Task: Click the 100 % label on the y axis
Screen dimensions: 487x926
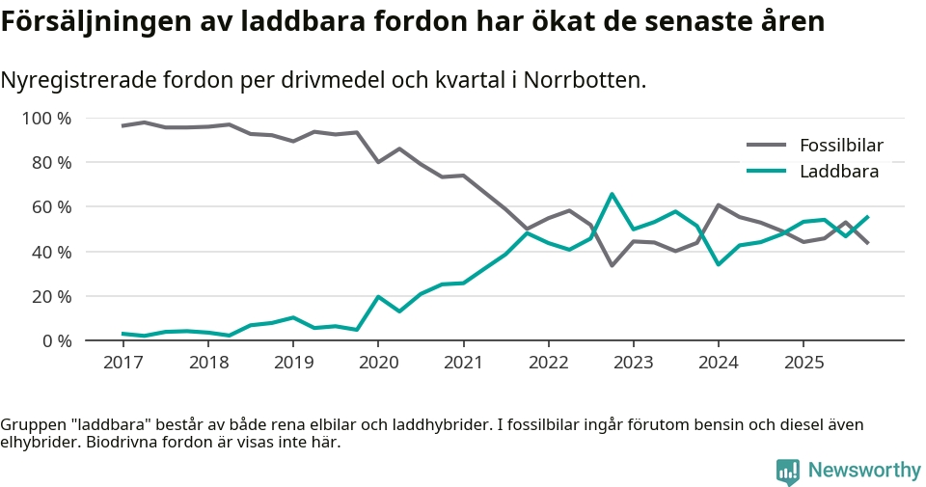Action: tap(46, 119)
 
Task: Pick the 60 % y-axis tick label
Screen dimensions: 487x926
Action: tap(51, 207)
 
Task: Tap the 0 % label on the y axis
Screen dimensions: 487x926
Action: tap(56, 340)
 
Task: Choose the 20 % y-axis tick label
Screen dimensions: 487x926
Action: tap(51, 296)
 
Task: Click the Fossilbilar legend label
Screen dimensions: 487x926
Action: tap(841, 146)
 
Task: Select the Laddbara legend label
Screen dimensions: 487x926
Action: tap(838, 172)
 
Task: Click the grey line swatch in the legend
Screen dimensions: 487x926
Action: tap(767, 146)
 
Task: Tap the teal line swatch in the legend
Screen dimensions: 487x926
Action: tap(767, 172)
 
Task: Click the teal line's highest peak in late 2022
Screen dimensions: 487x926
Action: tap(612, 194)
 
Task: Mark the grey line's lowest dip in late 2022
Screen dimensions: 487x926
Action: tap(612, 265)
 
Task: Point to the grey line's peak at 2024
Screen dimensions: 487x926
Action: tap(719, 204)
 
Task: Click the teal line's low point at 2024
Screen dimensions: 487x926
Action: tap(719, 264)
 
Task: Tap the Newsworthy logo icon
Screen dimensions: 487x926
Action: tap(788, 472)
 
